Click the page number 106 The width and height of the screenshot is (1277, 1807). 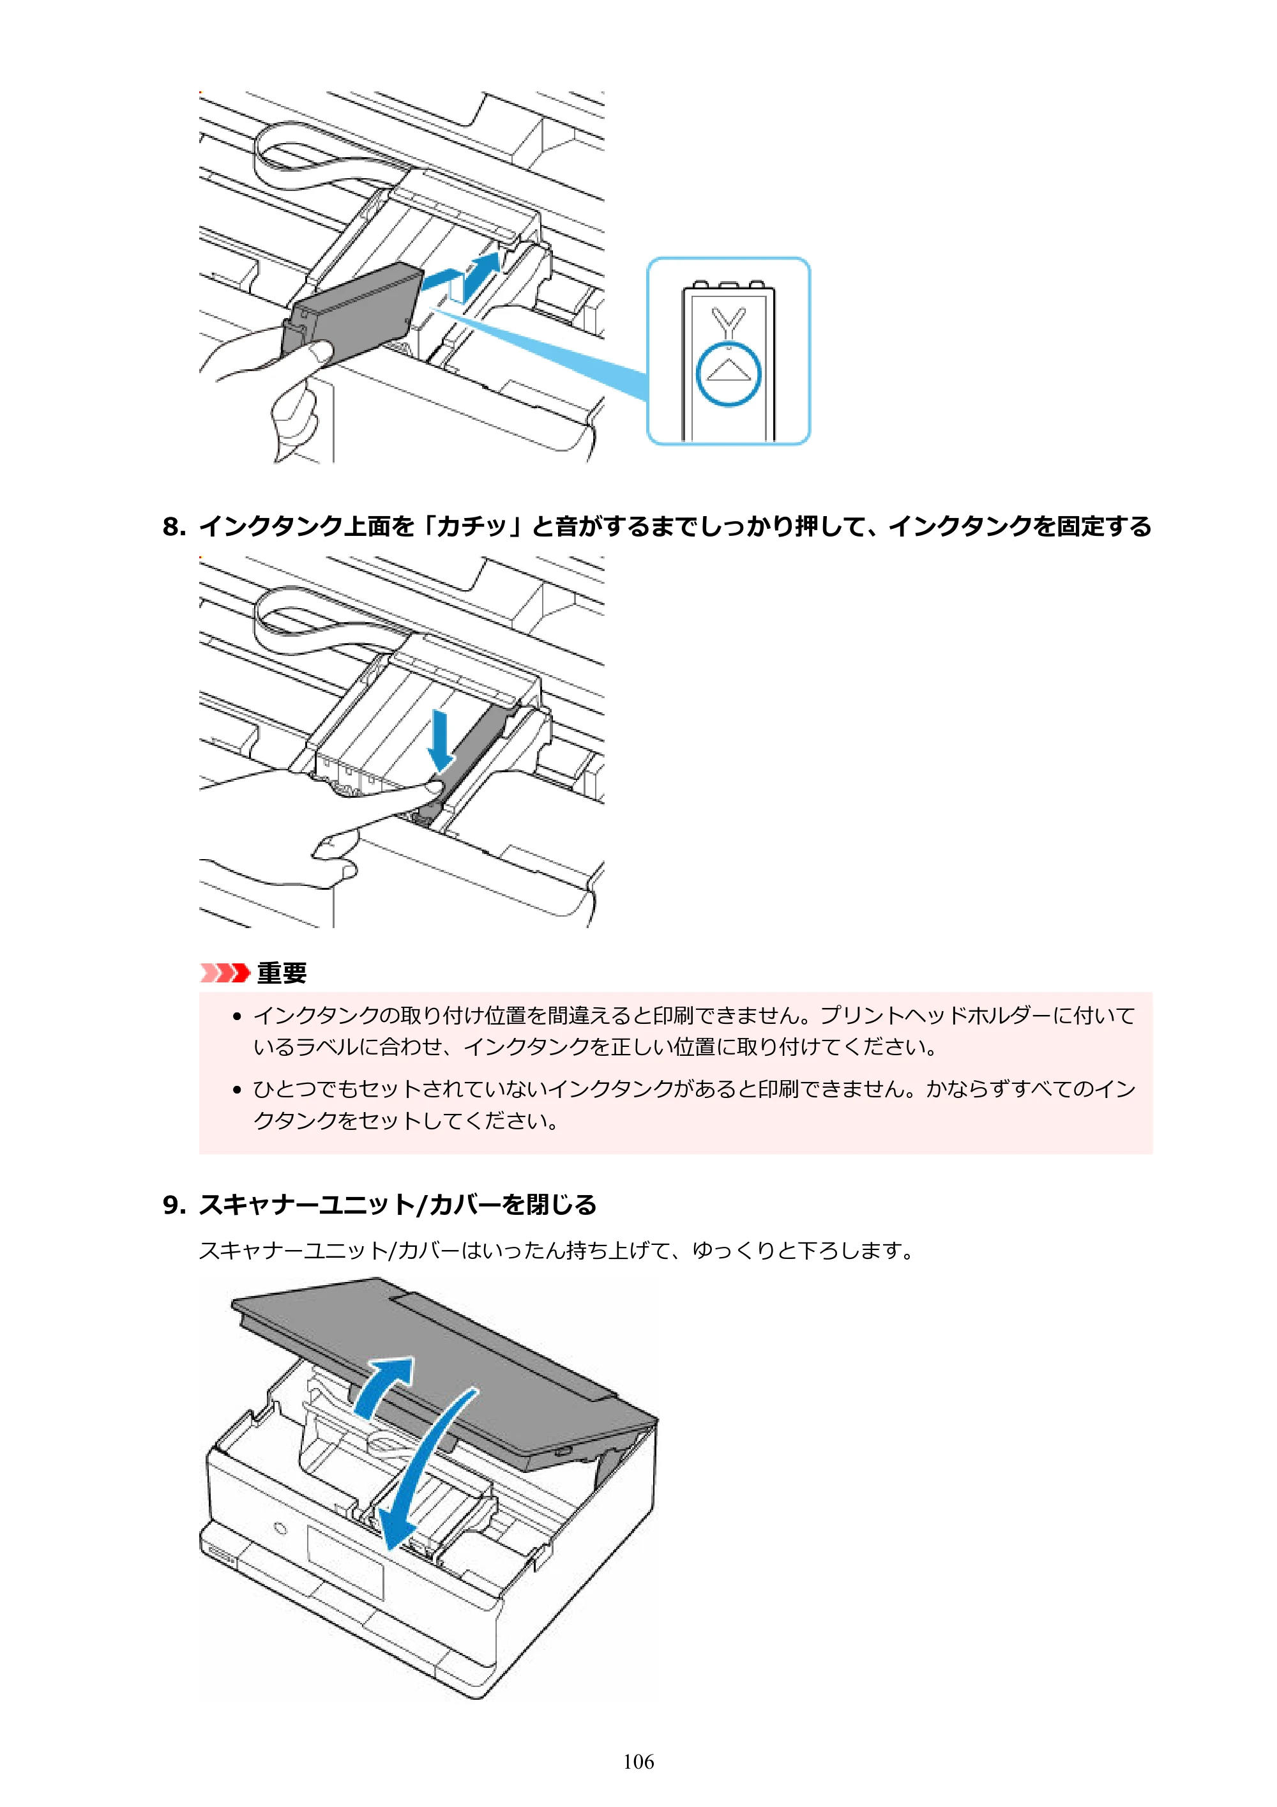[x=638, y=1762]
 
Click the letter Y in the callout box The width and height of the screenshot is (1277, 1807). [x=729, y=322]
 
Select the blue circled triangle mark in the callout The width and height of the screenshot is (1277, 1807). [x=729, y=373]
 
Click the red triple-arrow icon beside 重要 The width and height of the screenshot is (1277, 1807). [x=224, y=973]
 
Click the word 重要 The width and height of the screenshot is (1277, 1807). [x=282, y=973]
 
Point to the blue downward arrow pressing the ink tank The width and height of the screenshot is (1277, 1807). [x=441, y=740]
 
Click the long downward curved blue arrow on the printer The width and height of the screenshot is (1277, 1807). [x=425, y=1472]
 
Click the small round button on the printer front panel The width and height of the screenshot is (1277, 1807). [x=279, y=1529]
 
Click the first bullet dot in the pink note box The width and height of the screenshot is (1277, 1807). [x=237, y=1016]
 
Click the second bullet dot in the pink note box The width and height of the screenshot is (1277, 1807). [x=237, y=1090]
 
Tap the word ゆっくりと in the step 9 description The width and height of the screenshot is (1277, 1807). [x=744, y=1251]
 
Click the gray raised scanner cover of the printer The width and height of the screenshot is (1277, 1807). [x=441, y=1369]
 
